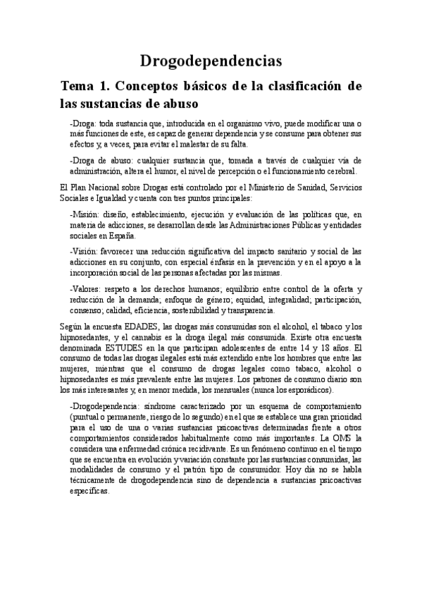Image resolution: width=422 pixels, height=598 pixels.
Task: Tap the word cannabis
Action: click(137, 337)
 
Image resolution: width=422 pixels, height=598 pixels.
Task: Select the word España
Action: click(117, 236)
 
